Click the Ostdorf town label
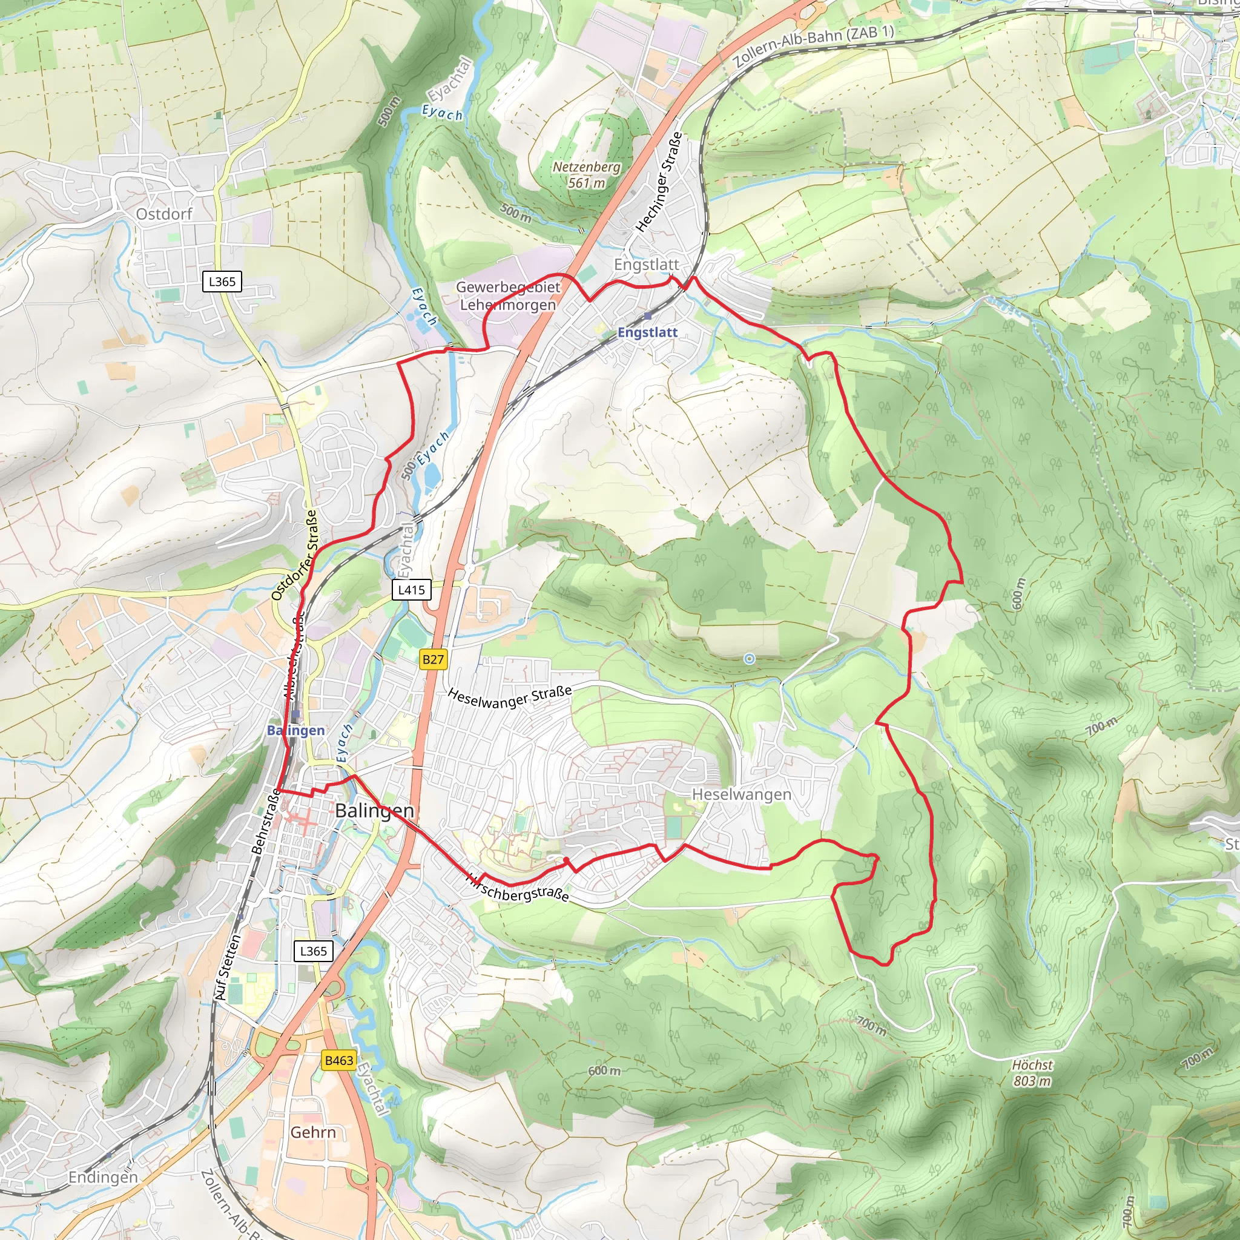click(163, 214)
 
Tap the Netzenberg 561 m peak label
click(587, 174)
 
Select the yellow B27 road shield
click(434, 659)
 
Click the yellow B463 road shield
click(339, 1060)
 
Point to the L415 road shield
click(411, 589)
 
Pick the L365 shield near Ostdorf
click(222, 281)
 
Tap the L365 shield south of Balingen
click(313, 951)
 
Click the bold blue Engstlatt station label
click(647, 332)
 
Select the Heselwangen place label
click(740, 794)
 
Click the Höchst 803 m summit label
click(1032, 1072)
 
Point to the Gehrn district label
click(313, 1132)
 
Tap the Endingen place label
click(103, 1176)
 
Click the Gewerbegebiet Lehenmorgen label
click(507, 296)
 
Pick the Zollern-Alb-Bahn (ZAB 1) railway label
click(813, 46)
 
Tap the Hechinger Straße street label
click(659, 182)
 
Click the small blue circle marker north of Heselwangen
click(749, 659)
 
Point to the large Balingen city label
click(374, 811)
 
